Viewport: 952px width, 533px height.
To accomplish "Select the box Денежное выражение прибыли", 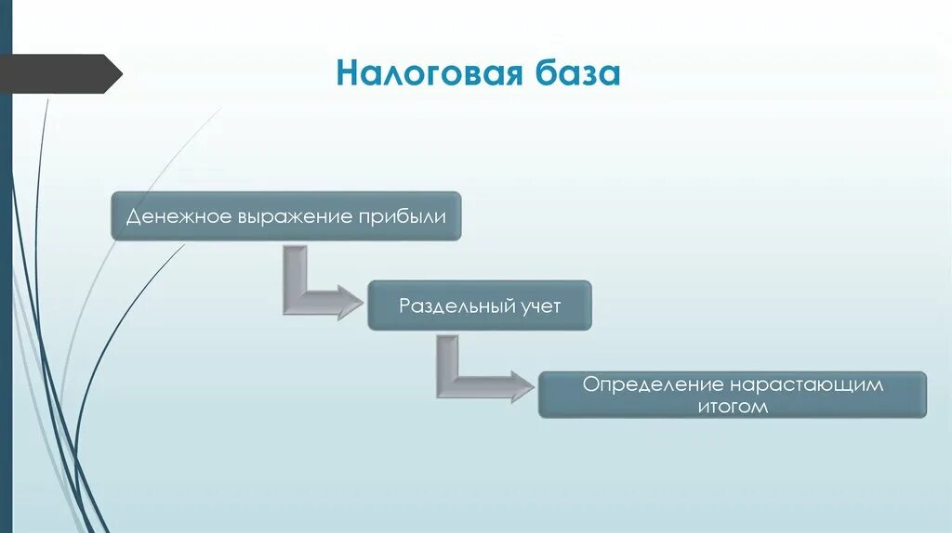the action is [x=286, y=217].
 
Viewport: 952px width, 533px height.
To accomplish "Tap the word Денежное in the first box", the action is [x=173, y=217].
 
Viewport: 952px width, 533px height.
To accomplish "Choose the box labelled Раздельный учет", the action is [x=480, y=305].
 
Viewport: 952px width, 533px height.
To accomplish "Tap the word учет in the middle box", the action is [x=541, y=305].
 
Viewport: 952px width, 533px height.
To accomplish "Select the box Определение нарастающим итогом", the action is [x=733, y=395].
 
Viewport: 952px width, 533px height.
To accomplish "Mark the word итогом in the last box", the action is [x=734, y=406].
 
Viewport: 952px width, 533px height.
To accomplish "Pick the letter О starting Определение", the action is [x=590, y=384].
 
